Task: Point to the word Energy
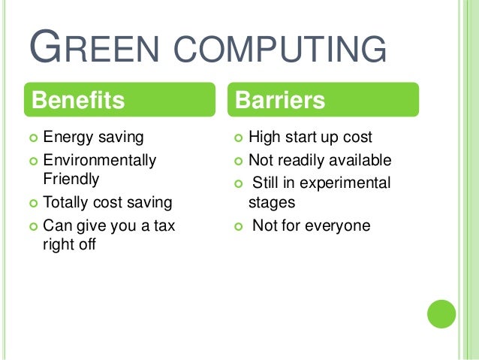[67, 138]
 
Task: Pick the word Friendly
[71, 180]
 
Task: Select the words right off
[70, 244]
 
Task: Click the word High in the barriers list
[264, 138]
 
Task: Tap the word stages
[273, 202]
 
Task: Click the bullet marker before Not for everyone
[238, 225]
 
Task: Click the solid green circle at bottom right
[441, 313]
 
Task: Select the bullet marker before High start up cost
[238, 138]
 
